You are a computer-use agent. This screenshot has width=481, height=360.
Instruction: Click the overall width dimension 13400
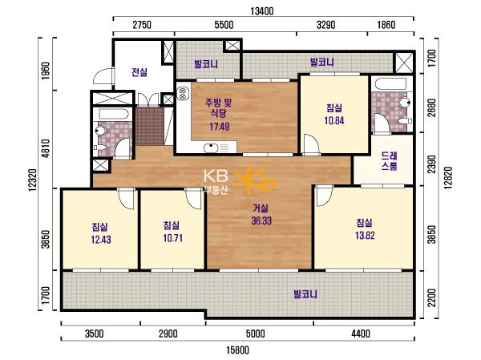[x=261, y=11]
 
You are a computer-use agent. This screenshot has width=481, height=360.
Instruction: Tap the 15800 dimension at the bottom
[x=238, y=350]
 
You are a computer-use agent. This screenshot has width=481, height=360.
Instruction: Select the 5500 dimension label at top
[x=224, y=25]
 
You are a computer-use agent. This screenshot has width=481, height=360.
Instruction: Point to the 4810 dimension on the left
[x=46, y=148]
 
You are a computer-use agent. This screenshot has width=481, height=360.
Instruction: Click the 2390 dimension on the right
[x=431, y=164]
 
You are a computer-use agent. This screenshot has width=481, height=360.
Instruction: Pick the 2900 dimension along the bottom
[x=168, y=334]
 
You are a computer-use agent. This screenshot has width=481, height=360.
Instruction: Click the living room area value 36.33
[x=261, y=220]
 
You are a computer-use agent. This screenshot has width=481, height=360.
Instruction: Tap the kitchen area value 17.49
[x=220, y=126]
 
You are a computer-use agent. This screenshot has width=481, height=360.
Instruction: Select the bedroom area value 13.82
[x=365, y=236]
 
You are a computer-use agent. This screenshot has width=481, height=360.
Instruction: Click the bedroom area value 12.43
[x=101, y=239]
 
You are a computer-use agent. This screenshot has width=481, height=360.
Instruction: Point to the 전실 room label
[x=139, y=72]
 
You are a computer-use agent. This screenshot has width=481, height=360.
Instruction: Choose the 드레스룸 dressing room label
[x=390, y=161]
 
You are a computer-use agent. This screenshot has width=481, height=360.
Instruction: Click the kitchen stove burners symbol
[x=183, y=94]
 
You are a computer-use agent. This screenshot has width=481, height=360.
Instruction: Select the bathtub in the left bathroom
[x=114, y=115]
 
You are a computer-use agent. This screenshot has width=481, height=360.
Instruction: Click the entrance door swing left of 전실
[x=103, y=77]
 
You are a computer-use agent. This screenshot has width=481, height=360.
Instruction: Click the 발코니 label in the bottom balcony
[x=305, y=294]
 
